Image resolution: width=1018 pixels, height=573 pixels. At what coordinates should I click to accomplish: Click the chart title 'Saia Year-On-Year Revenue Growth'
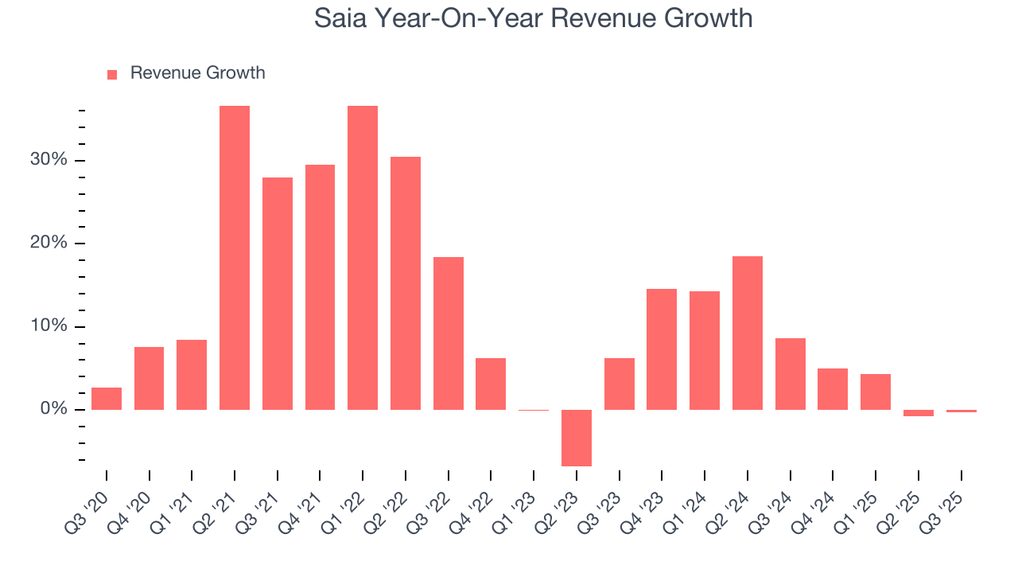(533, 18)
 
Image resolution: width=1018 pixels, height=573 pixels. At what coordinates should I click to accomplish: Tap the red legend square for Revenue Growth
(112, 74)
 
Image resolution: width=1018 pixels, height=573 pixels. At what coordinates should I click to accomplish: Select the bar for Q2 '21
(235, 258)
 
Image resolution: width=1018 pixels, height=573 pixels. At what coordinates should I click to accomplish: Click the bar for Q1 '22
(363, 258)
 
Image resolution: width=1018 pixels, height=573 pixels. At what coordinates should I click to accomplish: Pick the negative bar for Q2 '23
(577, 438)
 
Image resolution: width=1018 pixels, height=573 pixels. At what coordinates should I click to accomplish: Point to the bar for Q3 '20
(107, 399)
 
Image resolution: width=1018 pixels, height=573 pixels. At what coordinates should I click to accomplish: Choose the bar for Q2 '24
(748, 333)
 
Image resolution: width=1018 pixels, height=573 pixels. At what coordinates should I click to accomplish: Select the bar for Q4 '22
(491, 384)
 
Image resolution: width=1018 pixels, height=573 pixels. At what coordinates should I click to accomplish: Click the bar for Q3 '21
(278, 294)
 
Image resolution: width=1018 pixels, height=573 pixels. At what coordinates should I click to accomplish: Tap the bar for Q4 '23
(662, 349)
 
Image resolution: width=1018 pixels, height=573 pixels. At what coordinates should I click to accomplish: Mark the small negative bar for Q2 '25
(919, 413)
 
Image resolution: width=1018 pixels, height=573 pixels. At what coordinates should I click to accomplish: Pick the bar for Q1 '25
(876, 392)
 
